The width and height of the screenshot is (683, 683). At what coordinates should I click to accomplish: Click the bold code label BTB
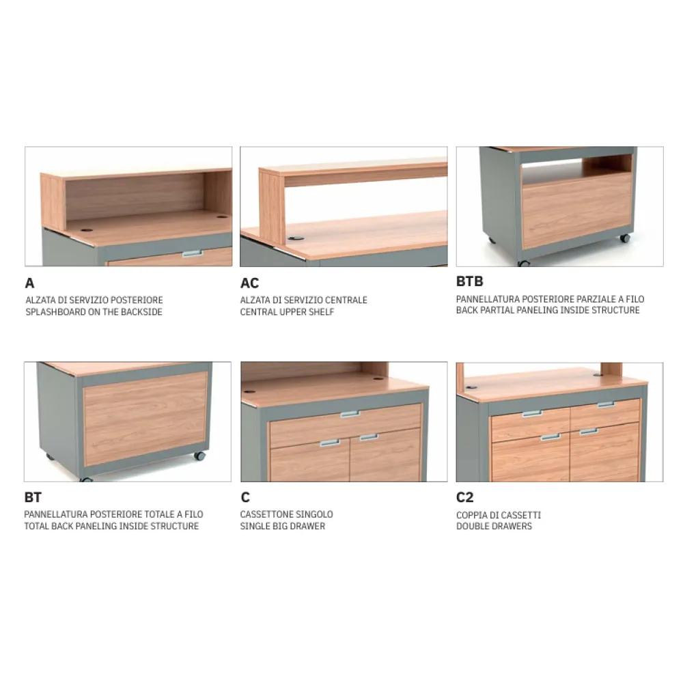point(470,281)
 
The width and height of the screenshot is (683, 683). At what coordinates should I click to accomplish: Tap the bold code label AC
point(249,283)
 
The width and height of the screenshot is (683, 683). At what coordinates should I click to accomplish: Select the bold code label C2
point(464,497)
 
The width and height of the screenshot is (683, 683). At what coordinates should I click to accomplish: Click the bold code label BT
point(33,497)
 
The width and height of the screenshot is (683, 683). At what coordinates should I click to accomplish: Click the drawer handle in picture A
point(193,253)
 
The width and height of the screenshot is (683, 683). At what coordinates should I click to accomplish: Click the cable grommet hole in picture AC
point(296,238)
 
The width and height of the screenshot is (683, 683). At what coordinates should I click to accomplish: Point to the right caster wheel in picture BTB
point(625,238)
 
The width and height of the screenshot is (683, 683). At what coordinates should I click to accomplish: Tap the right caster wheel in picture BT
point(199,456)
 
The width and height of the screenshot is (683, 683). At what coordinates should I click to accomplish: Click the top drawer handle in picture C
point(350,414)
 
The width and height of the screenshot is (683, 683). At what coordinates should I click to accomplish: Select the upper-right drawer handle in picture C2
point(606,404)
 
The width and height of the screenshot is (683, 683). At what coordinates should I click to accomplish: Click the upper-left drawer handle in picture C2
point(532,413)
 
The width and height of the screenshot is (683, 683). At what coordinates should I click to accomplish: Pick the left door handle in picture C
point(330,443)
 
